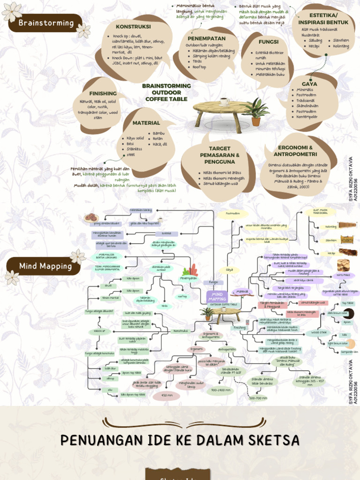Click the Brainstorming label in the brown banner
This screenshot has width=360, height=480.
(x=46, y=23)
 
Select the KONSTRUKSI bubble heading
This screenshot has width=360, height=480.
(x=133, y=27)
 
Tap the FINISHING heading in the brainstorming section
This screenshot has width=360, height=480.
(x=103, y=93)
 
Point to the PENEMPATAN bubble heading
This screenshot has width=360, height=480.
(x=207, y=38)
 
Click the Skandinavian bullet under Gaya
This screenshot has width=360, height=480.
(x=307, y=106)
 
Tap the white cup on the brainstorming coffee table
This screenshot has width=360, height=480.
(x=224, y=101)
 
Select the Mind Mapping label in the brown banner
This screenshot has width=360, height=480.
(x=45, y=266)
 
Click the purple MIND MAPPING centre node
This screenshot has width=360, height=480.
(x=217, y=296)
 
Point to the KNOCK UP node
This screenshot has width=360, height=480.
(x=99, y=331)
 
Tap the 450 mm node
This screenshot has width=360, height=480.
(x=166, y=396)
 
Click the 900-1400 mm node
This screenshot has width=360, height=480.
(x=220, y=390)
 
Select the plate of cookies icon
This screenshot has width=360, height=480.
(x=90, y=217)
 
